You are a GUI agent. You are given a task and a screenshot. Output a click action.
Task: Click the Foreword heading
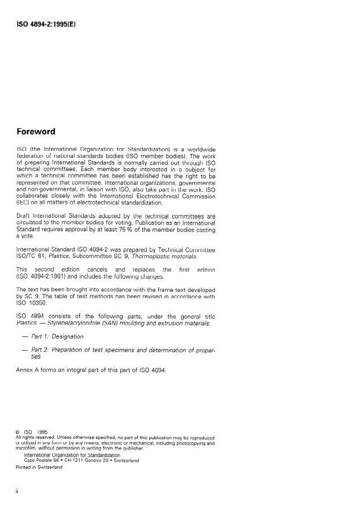point(36,132)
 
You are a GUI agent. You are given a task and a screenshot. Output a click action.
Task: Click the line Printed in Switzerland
point(39,468)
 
